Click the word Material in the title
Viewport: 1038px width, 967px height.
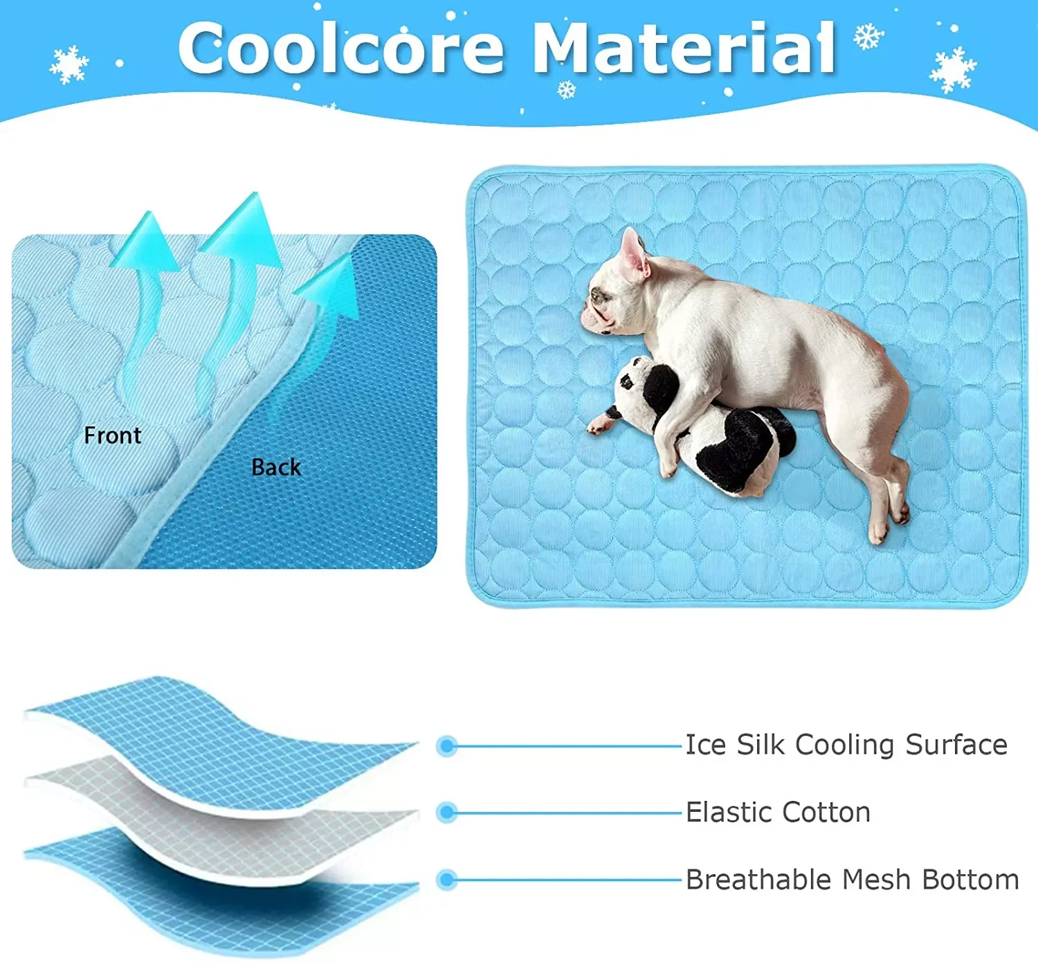click(x=685, y=48)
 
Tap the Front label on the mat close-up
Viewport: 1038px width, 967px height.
click(x=112, y=435)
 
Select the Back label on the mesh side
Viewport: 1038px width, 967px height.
click(x=276, y=467)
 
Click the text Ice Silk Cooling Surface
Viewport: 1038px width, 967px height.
click(x=846, y=745)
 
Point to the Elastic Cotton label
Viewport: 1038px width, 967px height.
click(x=778, y=812)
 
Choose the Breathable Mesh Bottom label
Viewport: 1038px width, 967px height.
click(x=852, y=880)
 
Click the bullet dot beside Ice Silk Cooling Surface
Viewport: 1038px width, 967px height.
click(x=447, y=745)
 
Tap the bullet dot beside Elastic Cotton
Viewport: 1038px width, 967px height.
click(x=447, y=812)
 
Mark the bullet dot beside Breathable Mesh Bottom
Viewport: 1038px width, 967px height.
click(x=447, y=880)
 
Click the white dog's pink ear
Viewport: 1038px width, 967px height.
click(x=632, y=253)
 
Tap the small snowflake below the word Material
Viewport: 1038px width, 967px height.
click(x=567, y=89)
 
